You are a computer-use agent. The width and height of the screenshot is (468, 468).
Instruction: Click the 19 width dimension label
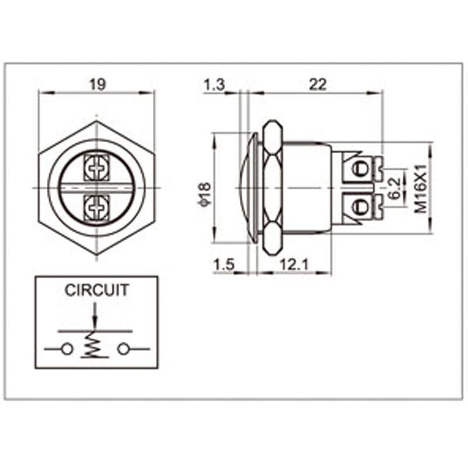pyautogui.click(x=97, y=84)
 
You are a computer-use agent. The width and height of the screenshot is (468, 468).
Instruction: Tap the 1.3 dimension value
pyautogui.click(x=214, y=84)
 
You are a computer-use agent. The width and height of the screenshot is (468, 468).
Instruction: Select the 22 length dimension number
pyautogui.click(x=316, y=84)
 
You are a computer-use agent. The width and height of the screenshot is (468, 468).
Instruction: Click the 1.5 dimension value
pyautogui.click(x=223, y=265)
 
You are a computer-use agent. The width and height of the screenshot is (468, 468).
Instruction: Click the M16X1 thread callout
pyautogui.click(x=419, y=188)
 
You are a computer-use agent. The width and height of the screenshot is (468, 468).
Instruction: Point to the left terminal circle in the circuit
pyautogui.click(x=67, y=349)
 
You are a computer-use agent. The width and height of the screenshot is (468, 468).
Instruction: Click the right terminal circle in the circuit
pyautogui.click(x=122, y=349)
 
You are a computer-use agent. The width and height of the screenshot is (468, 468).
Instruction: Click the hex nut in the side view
pyautogui.click(x=272, y=188)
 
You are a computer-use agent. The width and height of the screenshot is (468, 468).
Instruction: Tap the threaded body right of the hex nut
pyautogui.click(x=307, y=188)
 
